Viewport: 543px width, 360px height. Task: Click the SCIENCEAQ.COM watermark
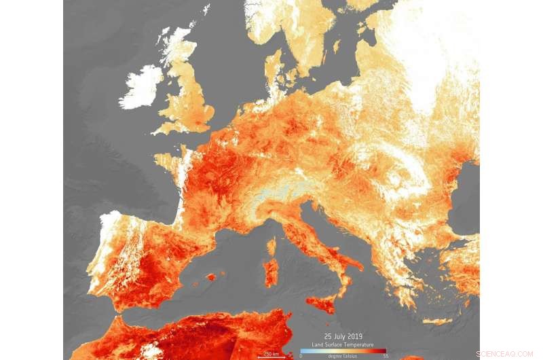(x=504, y=354)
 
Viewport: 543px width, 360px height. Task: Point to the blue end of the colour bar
(x=303, y=351)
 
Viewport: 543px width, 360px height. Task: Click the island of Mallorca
(x=210, y=277)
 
